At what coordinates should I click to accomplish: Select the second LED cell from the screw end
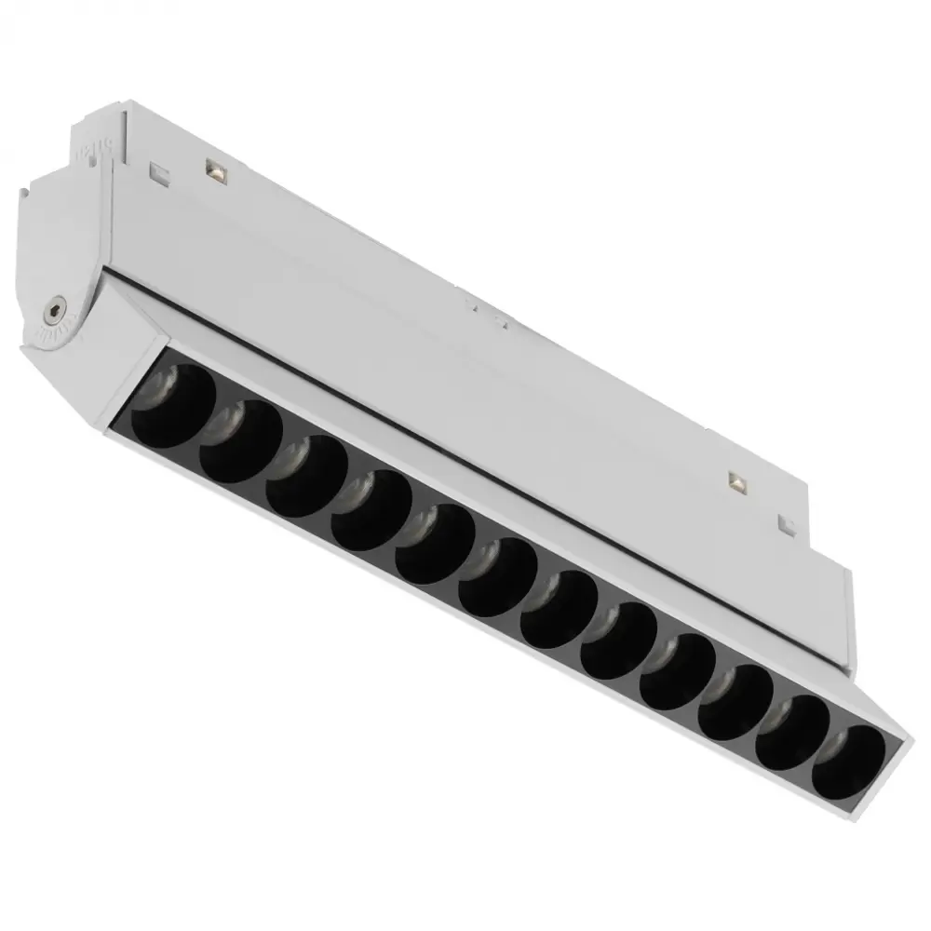239,443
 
